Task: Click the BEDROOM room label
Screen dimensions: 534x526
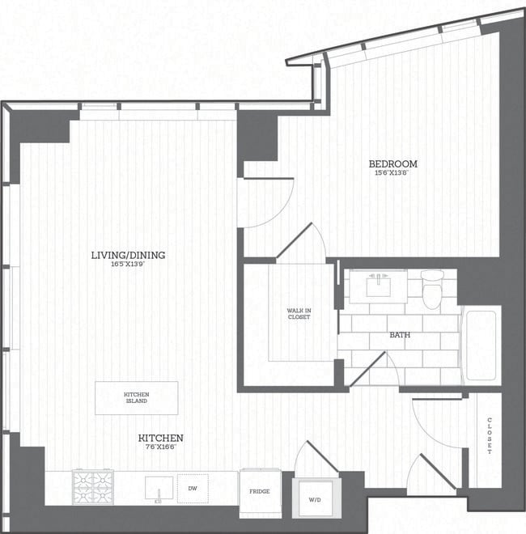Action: click(x=396, y=163)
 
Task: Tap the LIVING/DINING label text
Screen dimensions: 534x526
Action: click(x=128, y=255)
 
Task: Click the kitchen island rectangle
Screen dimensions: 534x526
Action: click(x=136, y=398)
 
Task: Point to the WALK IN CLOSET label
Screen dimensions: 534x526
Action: click(x=299, y=314)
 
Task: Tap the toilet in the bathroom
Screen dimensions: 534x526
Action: click(x=434, y=290)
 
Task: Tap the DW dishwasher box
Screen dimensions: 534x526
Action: click(x=193, y=488)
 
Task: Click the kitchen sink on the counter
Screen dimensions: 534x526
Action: click(x=159, y=489)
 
